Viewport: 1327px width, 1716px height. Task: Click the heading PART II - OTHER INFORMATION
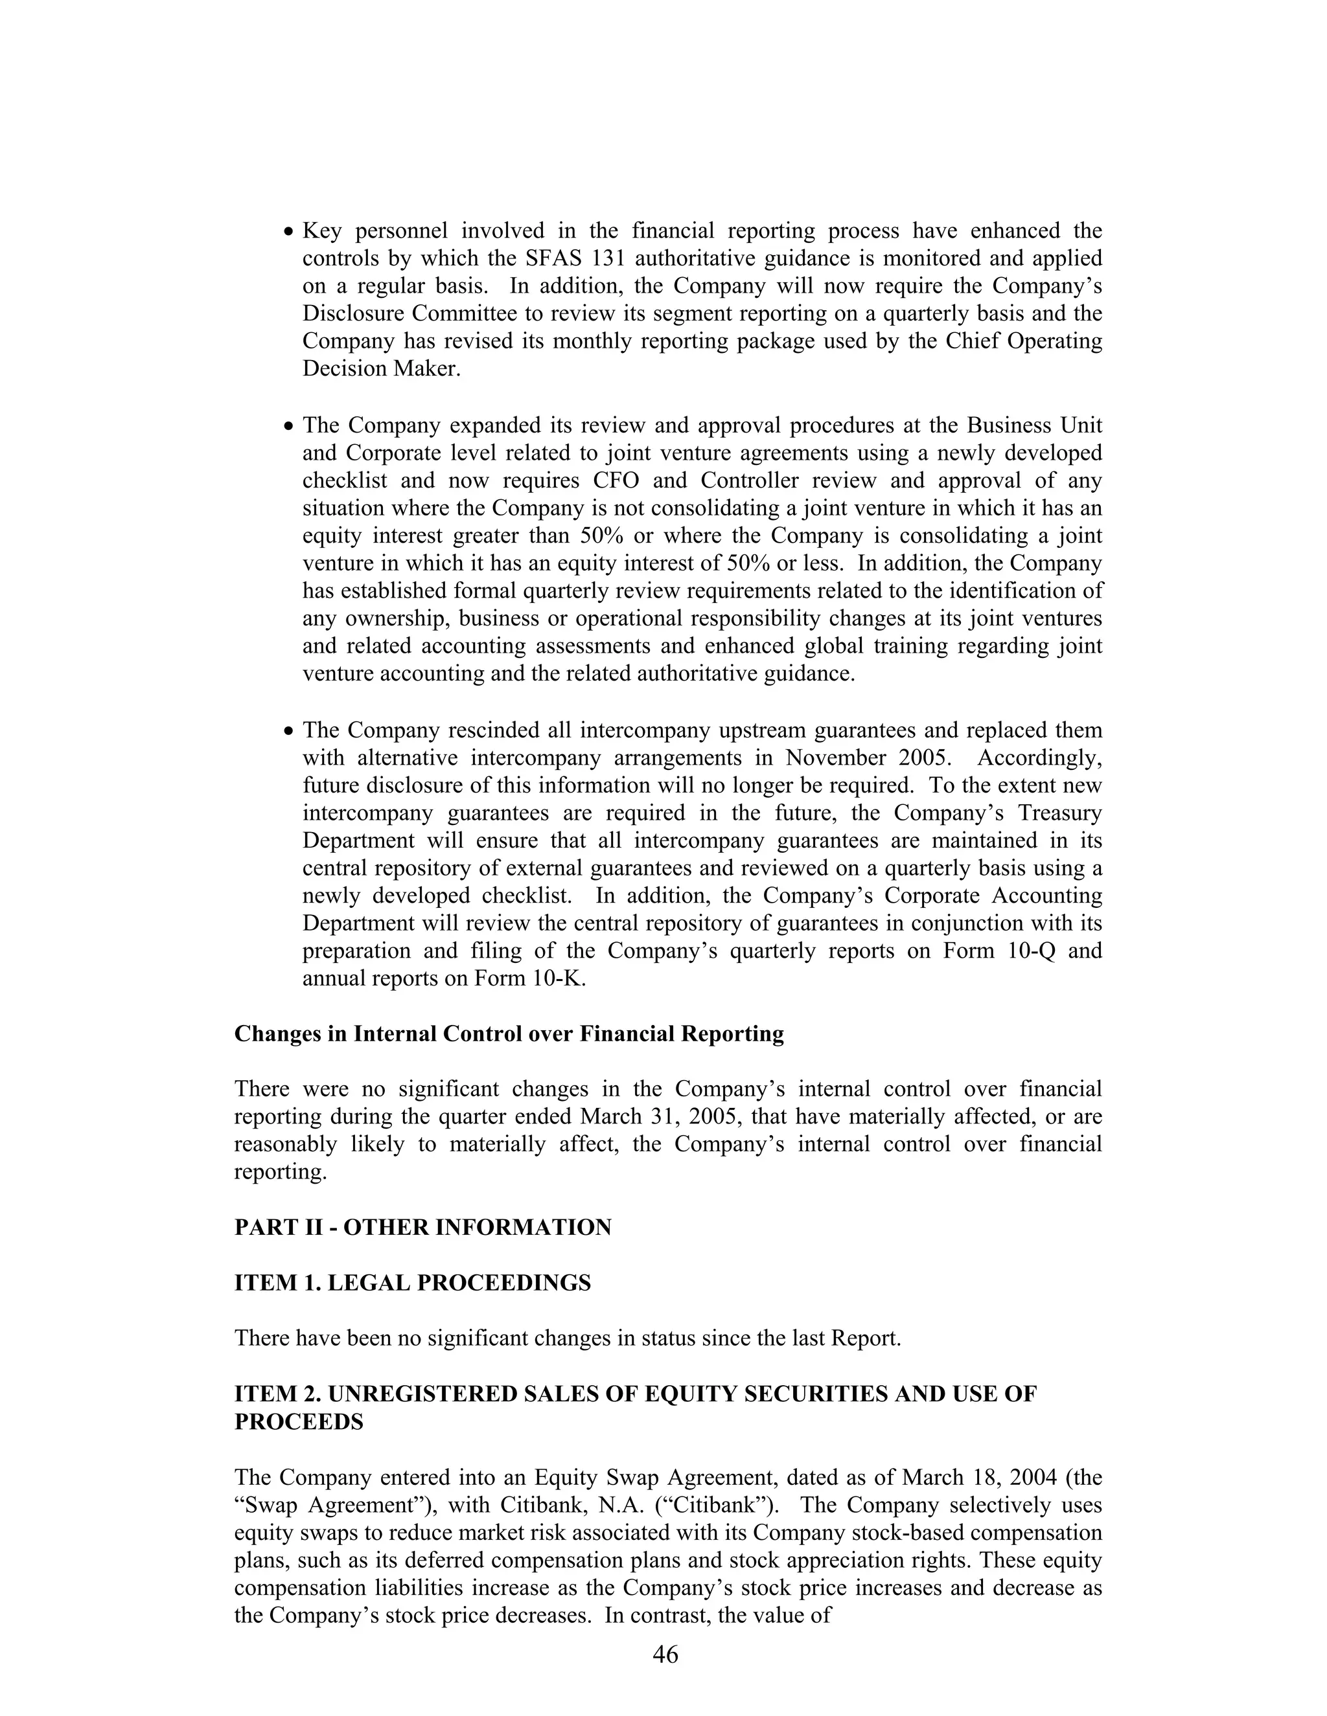423,1227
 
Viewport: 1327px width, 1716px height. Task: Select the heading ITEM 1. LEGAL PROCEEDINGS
413,1283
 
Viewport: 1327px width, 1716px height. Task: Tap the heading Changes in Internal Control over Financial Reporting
509,1034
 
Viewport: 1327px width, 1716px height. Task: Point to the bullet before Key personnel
288,232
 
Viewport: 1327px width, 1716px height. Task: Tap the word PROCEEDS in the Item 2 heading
299,1422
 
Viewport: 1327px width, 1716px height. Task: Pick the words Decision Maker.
381,368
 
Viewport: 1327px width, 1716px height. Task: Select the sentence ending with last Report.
568,1338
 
